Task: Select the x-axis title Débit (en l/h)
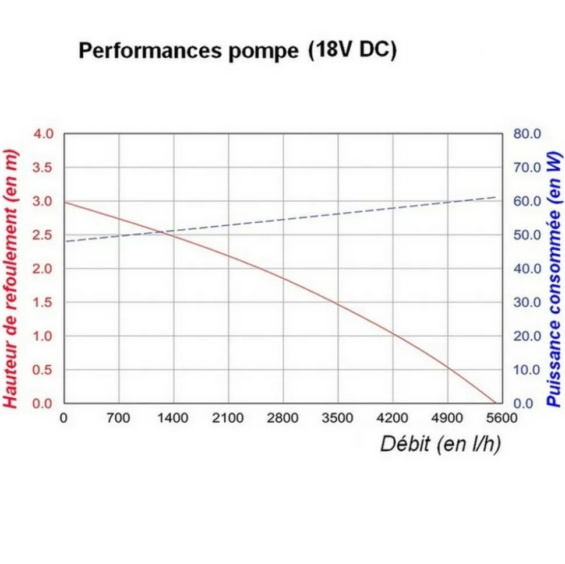(x=440, y=444)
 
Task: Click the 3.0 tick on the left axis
(x=42, y=201)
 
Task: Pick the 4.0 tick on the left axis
(x=42, y=134)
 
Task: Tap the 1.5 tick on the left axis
(x=42, y=302)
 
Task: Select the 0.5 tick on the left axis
(x=42, y=370)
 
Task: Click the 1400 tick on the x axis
(x=173, y=418)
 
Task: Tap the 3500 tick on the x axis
(x=337, y=418)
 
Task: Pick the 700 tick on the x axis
(x=119, y=418)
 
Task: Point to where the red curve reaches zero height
(x=495, y=403)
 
